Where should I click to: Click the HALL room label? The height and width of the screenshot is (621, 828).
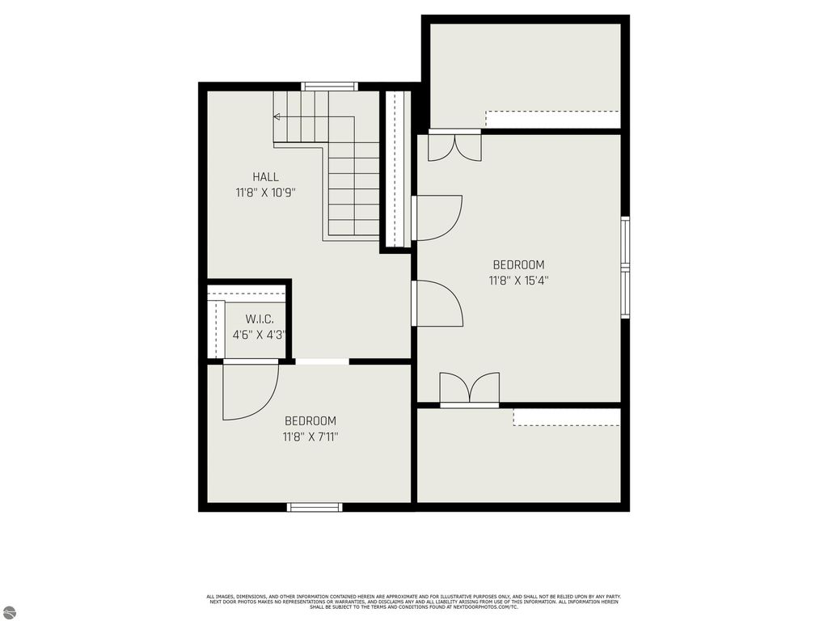[265, 177]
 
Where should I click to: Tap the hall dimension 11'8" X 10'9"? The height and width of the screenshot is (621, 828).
[266, 193]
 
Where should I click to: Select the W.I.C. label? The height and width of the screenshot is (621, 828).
[253, 319]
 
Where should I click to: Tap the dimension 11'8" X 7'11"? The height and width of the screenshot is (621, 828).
[310, 437]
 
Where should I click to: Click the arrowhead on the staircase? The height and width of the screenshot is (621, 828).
[277, 116]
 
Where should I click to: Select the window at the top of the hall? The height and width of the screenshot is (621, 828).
[330, 86]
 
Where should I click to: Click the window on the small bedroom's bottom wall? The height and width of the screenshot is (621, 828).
[315, 507]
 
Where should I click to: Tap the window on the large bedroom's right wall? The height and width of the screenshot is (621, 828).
[625, 268]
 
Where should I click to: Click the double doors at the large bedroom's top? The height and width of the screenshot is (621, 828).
[454, 146]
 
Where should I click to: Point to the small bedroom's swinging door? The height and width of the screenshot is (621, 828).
[250, 391]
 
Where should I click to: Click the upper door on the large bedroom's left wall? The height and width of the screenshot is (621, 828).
[437, 218]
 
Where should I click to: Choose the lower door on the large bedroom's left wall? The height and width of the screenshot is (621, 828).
[437, 303]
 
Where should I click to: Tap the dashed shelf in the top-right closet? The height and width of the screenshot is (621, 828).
[552, 119]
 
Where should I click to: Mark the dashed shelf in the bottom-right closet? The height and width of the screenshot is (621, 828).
[566, 417]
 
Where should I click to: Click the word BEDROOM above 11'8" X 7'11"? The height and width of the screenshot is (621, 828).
[310, 421]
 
